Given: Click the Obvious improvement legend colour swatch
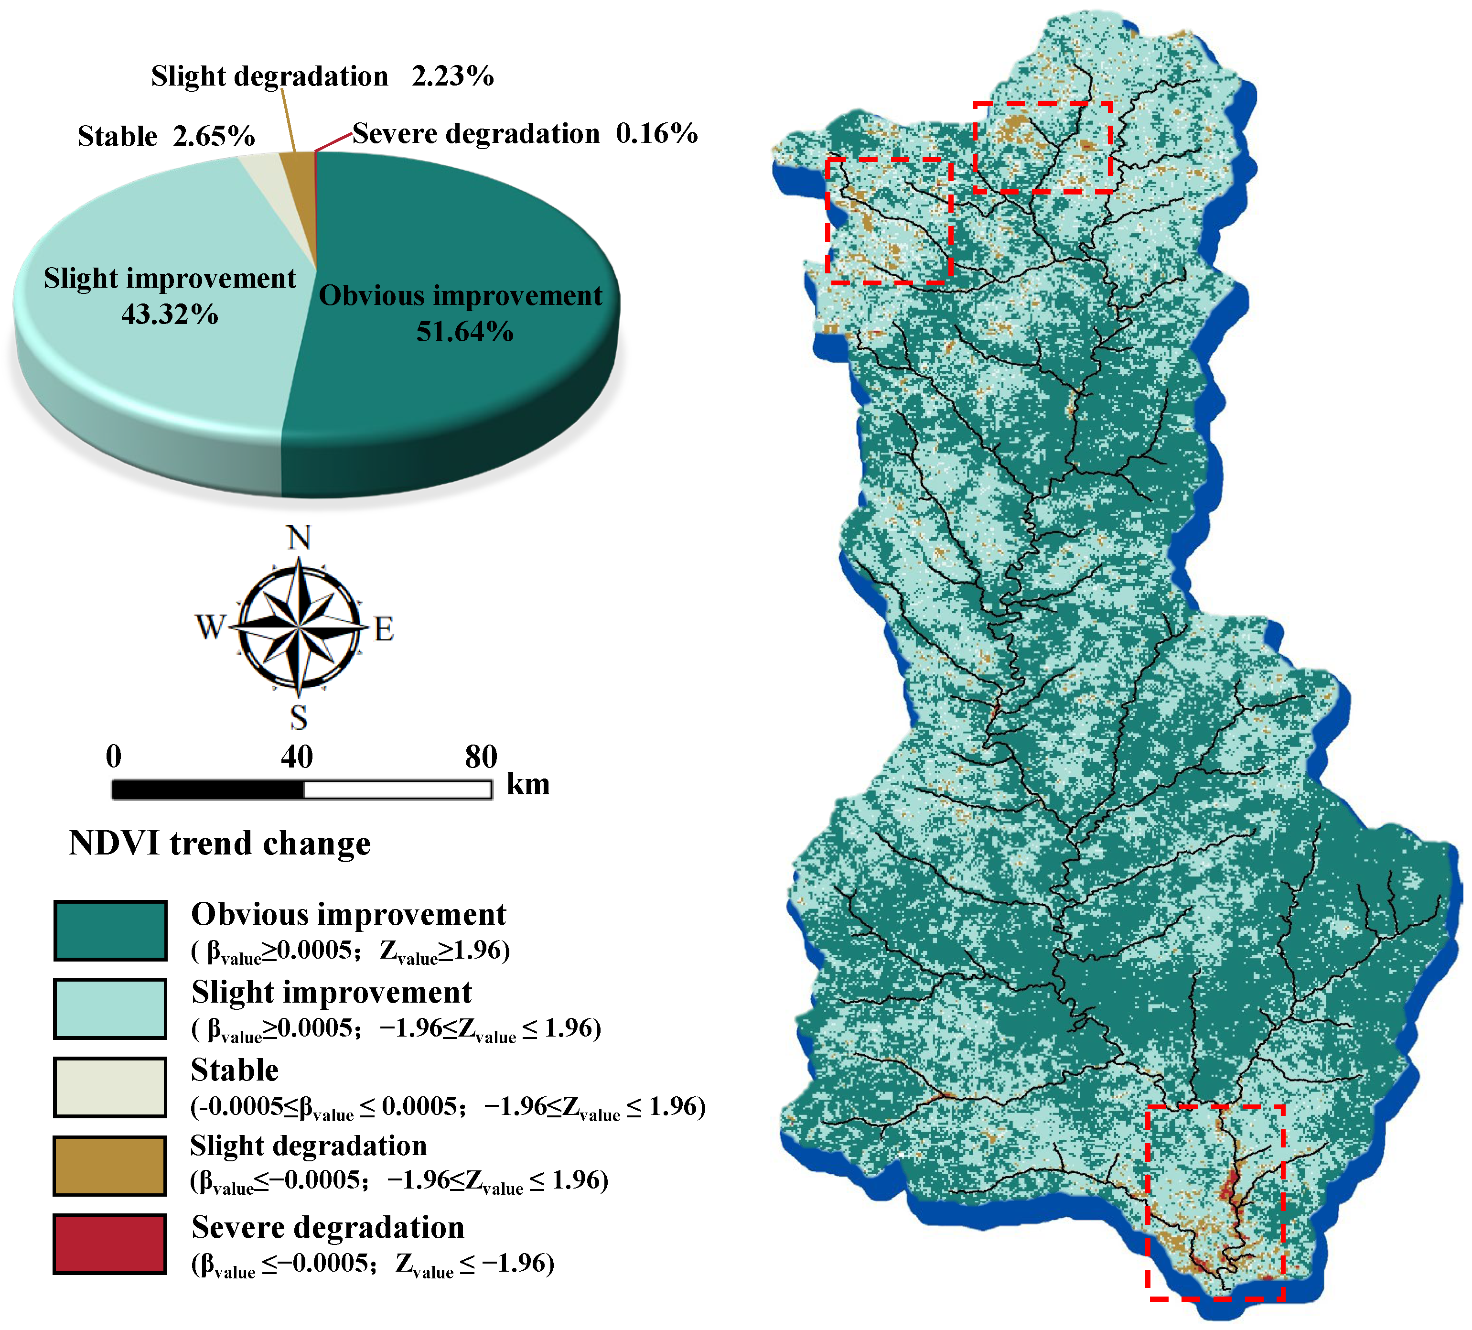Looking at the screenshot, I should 110,930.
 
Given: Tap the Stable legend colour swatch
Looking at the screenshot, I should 110,1086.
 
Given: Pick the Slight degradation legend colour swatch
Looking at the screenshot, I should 110,1165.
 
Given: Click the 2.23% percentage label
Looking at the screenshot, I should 453,76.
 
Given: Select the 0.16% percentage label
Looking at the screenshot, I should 656,134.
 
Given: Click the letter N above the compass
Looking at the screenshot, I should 299,538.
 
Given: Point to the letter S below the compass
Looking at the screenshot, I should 299,718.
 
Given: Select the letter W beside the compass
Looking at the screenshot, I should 210,627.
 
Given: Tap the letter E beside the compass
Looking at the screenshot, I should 384,629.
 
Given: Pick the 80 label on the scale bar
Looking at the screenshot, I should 481,757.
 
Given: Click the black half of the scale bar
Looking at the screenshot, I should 208,789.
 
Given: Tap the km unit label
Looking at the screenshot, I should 528,784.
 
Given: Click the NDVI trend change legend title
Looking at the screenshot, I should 220,843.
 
